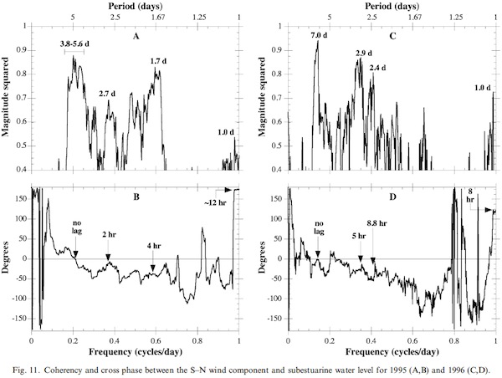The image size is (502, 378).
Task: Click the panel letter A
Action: click(x=135, y=37)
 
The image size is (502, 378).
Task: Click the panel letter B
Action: click(x=135, y=202)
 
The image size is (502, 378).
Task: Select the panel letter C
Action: click(x=392, y=37)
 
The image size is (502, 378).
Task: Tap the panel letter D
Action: click(x=392, y=202)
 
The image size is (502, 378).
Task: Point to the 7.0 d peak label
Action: click(x=318, y=34)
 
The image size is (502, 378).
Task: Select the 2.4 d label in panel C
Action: click(x=379, y=68)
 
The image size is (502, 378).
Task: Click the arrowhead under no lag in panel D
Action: click(x=318, y=253)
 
